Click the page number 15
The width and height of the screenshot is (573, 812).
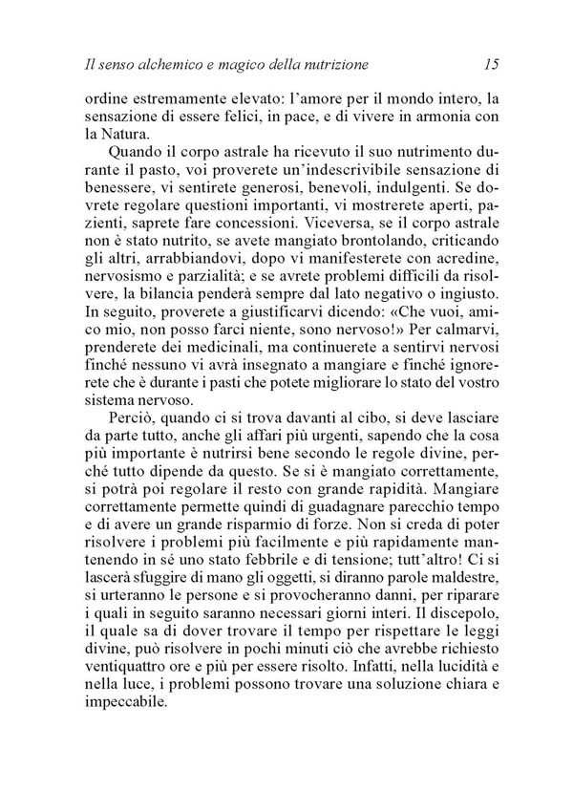[492, 65]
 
